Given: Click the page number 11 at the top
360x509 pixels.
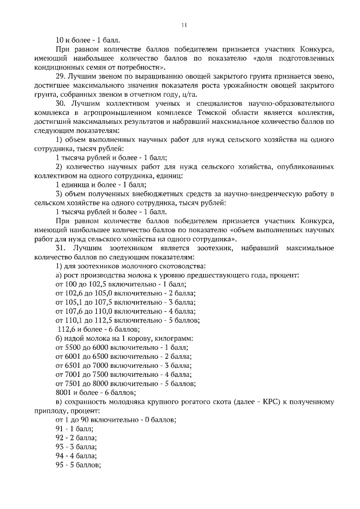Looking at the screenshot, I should click(183, 25).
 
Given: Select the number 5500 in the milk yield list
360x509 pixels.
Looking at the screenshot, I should click(75, 348).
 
